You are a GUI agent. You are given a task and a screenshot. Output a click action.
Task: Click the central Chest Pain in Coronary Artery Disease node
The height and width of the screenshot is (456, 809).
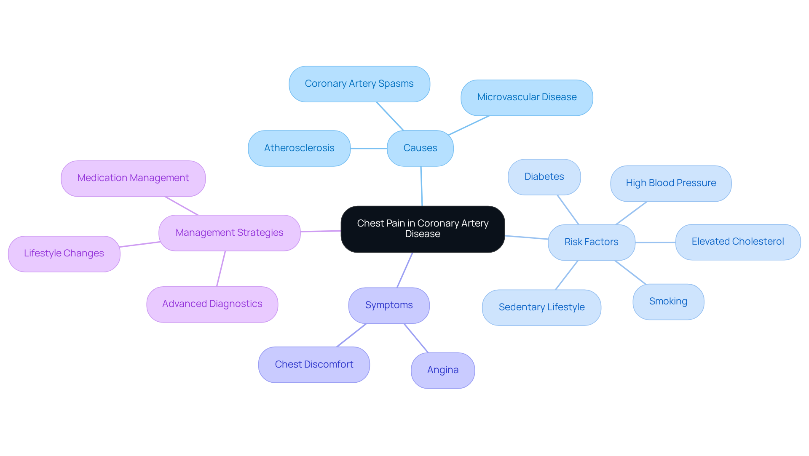[x=423, y=229]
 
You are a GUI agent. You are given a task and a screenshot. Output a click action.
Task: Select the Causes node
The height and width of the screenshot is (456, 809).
[x=420, y=148]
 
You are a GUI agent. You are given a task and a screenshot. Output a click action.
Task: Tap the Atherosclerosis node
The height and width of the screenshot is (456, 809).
[x=299, y=148]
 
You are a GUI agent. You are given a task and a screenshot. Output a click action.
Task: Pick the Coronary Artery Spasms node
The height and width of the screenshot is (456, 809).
[x=359, y=84]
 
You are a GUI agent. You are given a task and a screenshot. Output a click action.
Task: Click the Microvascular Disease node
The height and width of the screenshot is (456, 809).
[x=527, y=97]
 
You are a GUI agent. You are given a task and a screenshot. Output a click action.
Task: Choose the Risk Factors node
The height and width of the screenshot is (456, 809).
[x=591, y=242]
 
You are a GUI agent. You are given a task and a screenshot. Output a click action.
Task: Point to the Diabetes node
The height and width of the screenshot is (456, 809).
[x=544, y=177]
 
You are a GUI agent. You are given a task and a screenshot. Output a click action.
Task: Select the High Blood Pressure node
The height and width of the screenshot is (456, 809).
[x=671, y=183]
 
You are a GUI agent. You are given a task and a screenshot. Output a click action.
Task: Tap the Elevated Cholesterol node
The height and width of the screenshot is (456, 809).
[x=738, y=242]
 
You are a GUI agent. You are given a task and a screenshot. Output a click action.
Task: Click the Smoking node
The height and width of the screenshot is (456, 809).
[x=668, y=301]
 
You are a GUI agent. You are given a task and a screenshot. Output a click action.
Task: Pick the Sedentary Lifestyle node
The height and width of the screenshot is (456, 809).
[x=541, y=307]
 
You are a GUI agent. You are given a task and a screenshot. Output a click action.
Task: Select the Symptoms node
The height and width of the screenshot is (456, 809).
[x=389, y=305]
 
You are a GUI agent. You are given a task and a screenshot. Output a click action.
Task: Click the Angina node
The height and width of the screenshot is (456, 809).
[x=443, y=370]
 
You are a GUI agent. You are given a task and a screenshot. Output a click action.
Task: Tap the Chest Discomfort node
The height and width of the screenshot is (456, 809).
[x=314, y=365]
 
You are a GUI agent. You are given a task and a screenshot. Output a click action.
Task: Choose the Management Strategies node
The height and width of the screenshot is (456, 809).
[x=229, y=233]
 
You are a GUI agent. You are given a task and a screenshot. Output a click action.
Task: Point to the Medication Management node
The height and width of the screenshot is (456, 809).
[x=133, y=178]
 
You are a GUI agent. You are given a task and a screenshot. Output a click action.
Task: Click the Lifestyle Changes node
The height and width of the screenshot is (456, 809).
[x=64, y=253]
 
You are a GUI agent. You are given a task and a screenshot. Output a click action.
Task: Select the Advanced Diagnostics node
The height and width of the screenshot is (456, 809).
[x=212, y=304]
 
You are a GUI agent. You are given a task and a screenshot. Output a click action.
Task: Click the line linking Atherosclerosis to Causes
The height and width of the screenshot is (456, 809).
[x=369, y=148]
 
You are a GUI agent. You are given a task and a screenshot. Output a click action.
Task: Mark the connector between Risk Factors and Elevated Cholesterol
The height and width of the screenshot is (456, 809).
[x=655, y=242]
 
